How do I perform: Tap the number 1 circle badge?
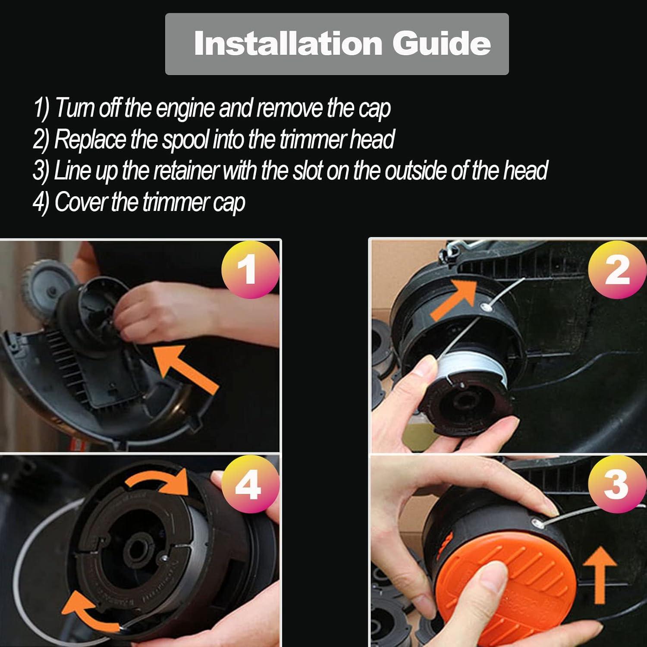coord(250,270)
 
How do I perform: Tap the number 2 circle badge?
coord(617,270)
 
